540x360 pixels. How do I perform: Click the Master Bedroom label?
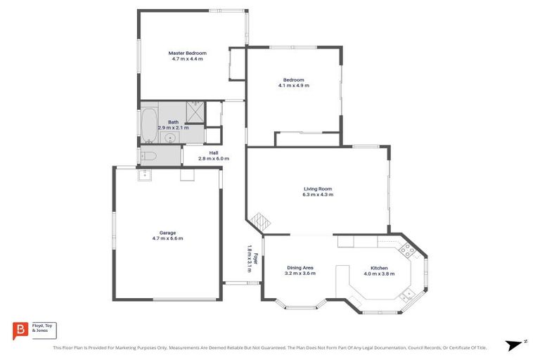coord(187,53)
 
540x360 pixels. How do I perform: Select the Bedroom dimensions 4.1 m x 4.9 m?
coord(293,85)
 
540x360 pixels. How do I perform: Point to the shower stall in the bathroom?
coord(195,111)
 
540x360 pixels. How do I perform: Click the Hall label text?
coord(214,153)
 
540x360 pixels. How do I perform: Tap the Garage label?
coord(167,233)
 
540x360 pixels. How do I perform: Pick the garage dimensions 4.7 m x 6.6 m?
coord(167,238)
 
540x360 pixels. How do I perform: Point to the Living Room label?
coord(317,188)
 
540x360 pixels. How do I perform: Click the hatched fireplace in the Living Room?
coord(262,221)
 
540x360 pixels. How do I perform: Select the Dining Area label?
coord(300,268)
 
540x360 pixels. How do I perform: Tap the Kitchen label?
coord(379,268)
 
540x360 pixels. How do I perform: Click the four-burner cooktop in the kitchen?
coord(407,249)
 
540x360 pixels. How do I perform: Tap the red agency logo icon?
coord(20,330)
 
